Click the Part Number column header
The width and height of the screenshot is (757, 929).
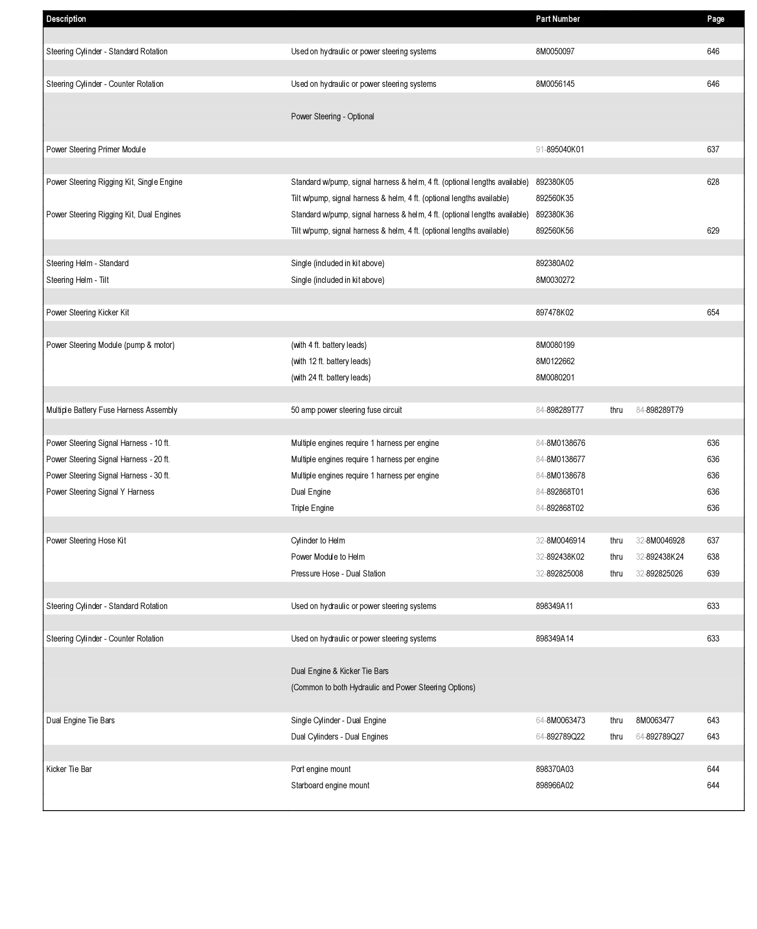click(x=557, y=19)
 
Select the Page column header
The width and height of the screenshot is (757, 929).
click(x=715, y=19)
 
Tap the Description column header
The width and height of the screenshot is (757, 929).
click(x=66, y=19)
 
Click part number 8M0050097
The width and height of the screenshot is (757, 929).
click(x=555, y=51)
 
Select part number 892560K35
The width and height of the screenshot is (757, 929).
click(x=554, y=198)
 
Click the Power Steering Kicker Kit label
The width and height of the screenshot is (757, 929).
click(x=87, y=312)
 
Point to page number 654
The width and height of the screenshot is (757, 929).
click(x=713, y=312)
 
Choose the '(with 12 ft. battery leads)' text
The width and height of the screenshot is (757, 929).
click(x=331, y=361)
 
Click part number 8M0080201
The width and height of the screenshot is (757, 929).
click(x=555, y=377)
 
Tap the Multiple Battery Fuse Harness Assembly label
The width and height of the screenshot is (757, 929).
click(x=111, y=410)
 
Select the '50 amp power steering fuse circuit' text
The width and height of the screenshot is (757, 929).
click(x=346, y=410)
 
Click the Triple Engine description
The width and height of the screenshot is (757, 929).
click(x=312, y=508)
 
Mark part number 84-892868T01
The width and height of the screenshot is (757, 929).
click(x=559, y=492)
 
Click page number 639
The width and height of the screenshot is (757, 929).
click(x=713, y=573)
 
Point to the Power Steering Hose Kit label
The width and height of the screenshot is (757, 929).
click(x=86, y=540)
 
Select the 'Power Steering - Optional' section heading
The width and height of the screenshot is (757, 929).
click(x=332, y=116)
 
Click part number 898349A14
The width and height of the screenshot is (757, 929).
click(x=554, y=638)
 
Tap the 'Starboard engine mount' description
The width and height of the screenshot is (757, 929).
click(x=330, y=785)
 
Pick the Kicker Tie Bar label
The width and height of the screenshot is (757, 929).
click(x=69, y=769)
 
